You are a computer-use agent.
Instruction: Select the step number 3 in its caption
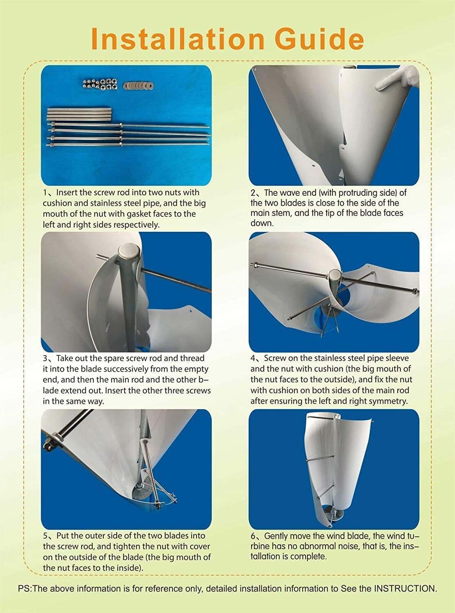point(45,359)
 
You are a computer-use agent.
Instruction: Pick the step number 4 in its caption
point(253,359)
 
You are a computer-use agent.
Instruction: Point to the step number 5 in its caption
point(45,536)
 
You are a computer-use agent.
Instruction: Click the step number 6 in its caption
point(253,536)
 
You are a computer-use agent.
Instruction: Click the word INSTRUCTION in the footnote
point(405,588)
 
